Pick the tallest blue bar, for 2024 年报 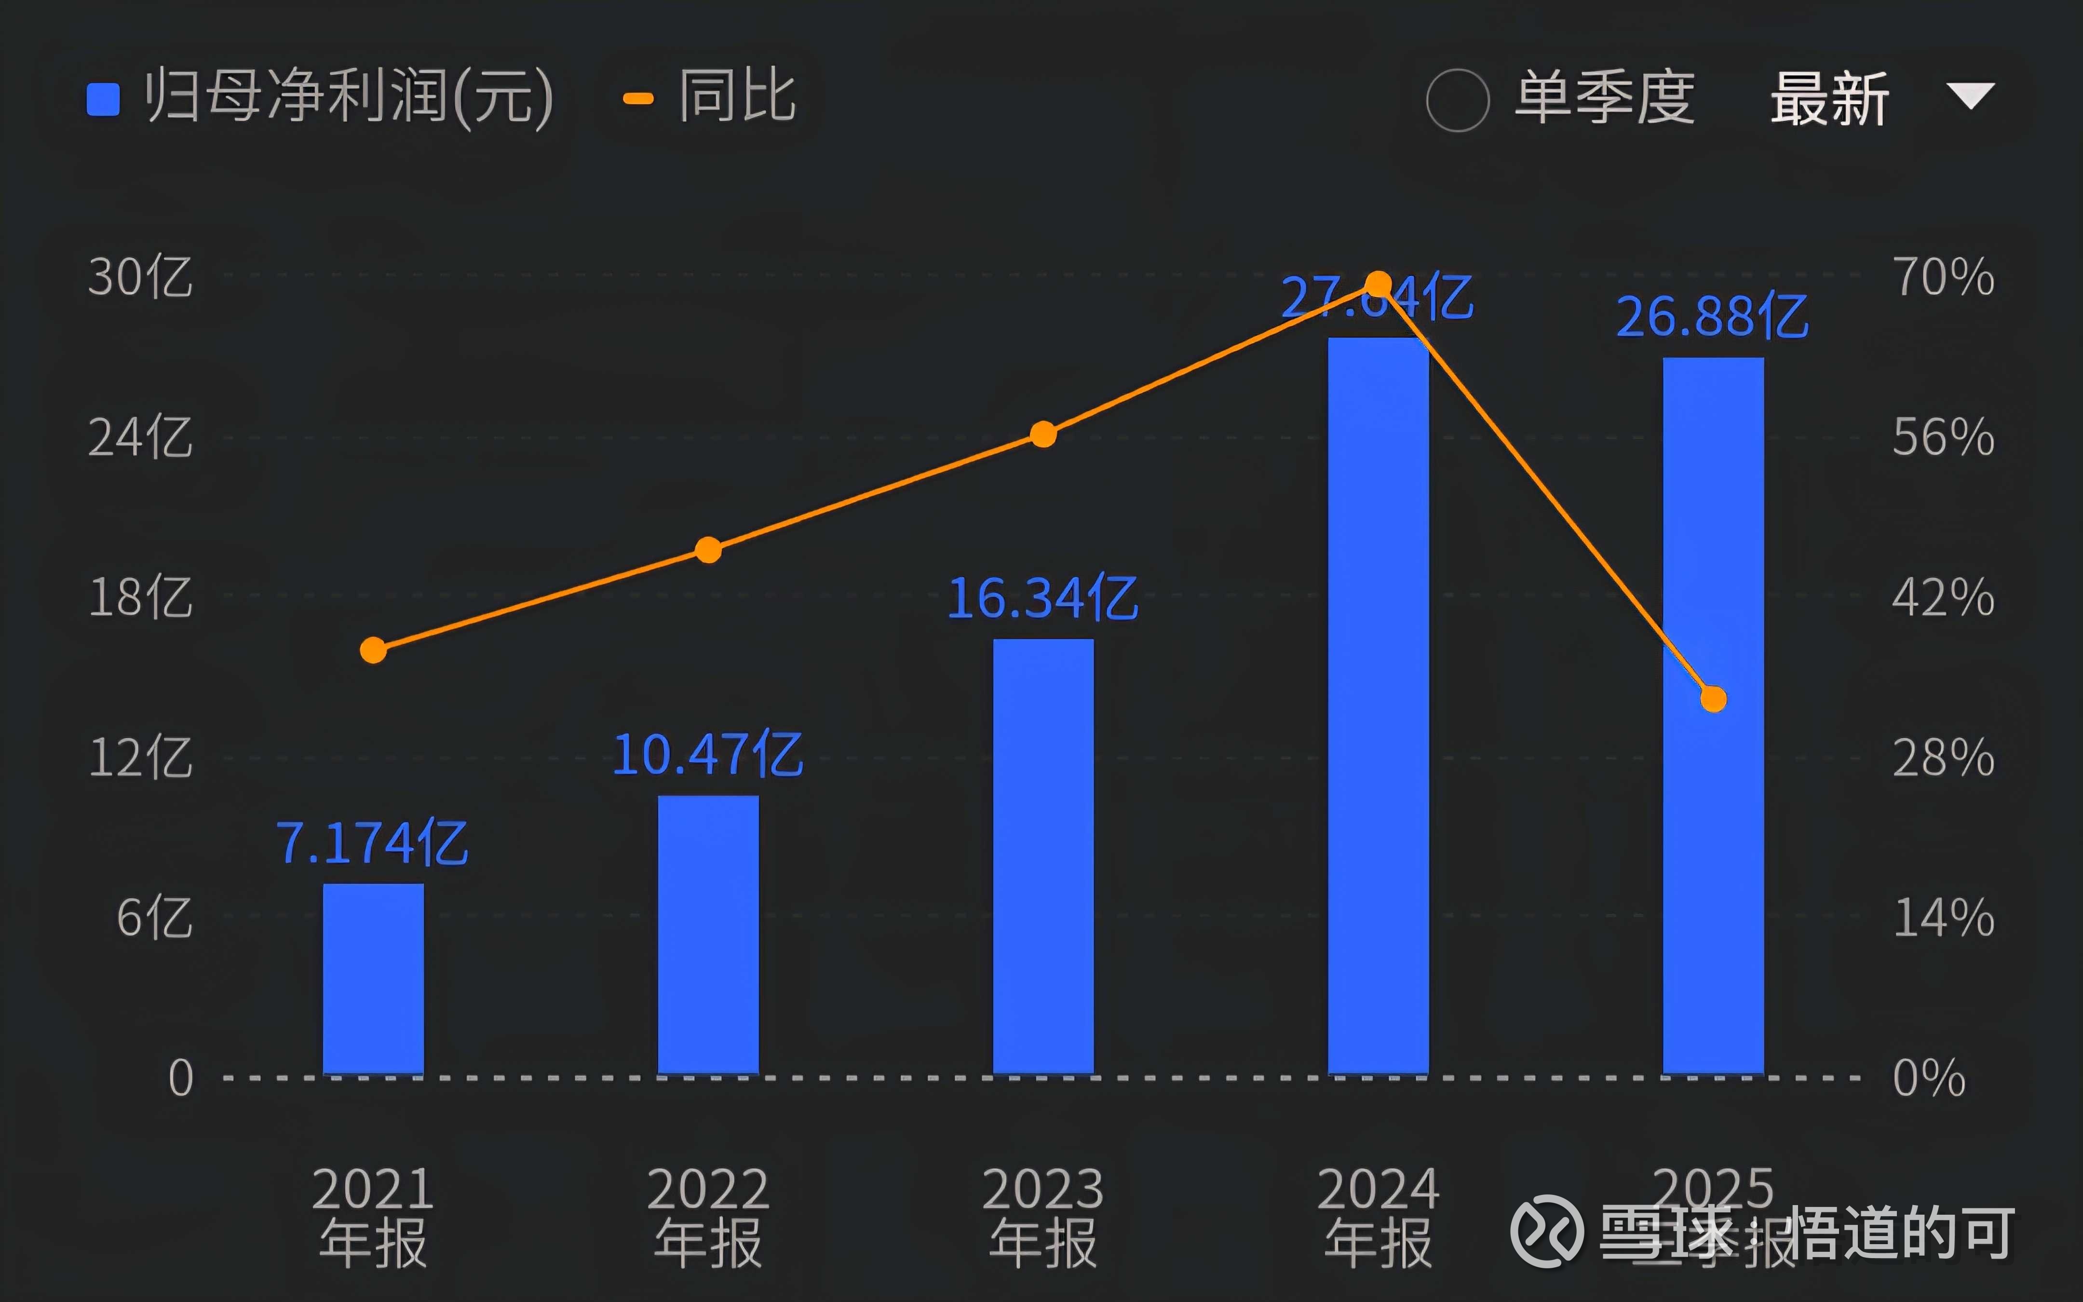click(x=1378, y=706)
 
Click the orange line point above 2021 click(x=373, y=650)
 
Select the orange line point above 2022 click(x=707, y=549)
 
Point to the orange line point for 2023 click(x=1043, y=434)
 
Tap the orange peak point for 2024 click(x=1378, y=284)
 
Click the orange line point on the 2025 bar click(x=1713, y=699)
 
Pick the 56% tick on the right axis click(x=1943, y=437)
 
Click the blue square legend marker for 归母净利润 click(x=103, y=99)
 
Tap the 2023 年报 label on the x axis click(x=1043, y=1216)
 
